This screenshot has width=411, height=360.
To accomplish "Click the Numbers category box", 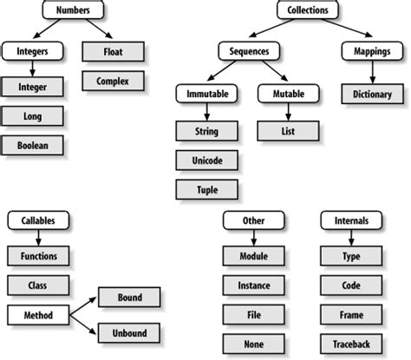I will click(73, 11).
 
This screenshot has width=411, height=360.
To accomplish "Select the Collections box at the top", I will click(309, 11).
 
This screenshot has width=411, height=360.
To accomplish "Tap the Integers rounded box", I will click(32, 51).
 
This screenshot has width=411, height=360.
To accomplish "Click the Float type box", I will click(114, 51).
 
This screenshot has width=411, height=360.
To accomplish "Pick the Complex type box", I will click(114, 81).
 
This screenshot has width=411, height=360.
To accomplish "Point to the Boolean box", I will click(32, 145).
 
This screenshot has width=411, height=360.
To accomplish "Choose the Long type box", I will click(32, 115).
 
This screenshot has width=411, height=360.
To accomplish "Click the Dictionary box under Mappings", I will click(372, 94).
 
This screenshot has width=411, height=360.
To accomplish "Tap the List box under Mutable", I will click(289, 131).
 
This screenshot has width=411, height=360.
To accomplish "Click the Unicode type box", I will click(207, 160).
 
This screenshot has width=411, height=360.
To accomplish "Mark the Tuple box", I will click(207, 188).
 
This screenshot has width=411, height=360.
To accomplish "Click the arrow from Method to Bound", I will click(82, 304).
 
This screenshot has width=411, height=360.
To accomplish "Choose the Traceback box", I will click(351, 344).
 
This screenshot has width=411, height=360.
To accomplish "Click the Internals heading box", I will click(351, 222).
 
